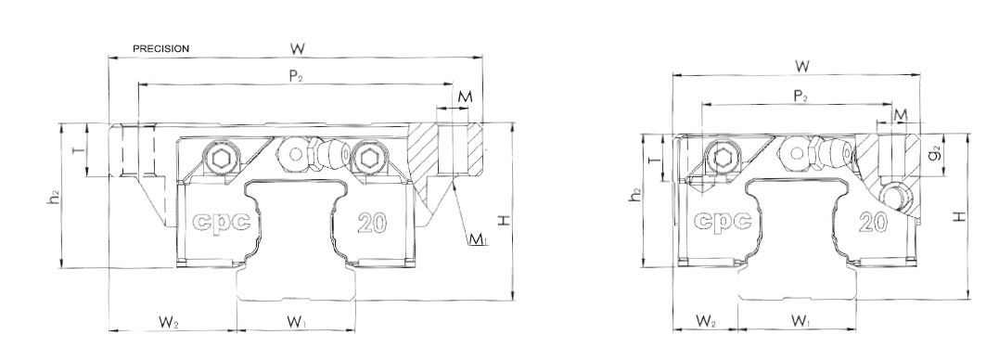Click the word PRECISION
coord(161,48)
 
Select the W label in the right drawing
coord(802,66)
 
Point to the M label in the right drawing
coord(900,114)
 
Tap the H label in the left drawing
coord(503,220)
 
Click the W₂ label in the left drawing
coord(168,323)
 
